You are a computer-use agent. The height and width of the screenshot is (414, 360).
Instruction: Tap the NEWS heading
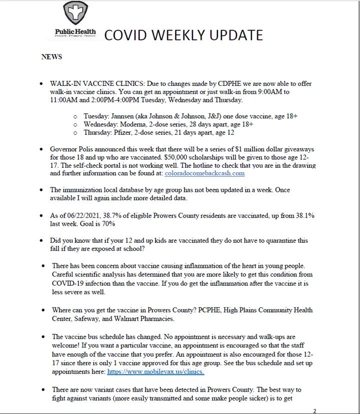(51, 57)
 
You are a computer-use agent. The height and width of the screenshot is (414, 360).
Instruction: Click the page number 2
(314, 411)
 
